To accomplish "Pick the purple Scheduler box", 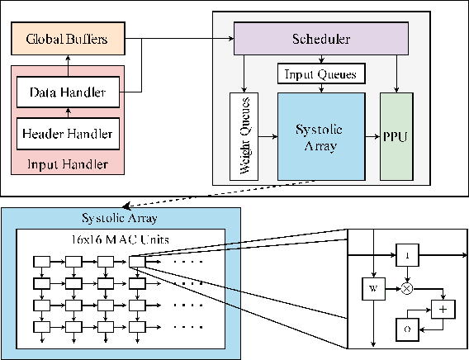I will point(321,39).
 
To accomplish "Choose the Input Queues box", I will point(320,74).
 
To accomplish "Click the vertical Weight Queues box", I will point(244,136).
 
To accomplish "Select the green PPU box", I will point(395,135).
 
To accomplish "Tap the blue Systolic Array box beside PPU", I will point(320,136).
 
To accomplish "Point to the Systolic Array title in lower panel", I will point(121,218).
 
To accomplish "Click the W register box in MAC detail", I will point(373,289).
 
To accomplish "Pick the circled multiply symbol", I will point(406,290).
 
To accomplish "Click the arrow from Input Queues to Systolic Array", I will point(320,88).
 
